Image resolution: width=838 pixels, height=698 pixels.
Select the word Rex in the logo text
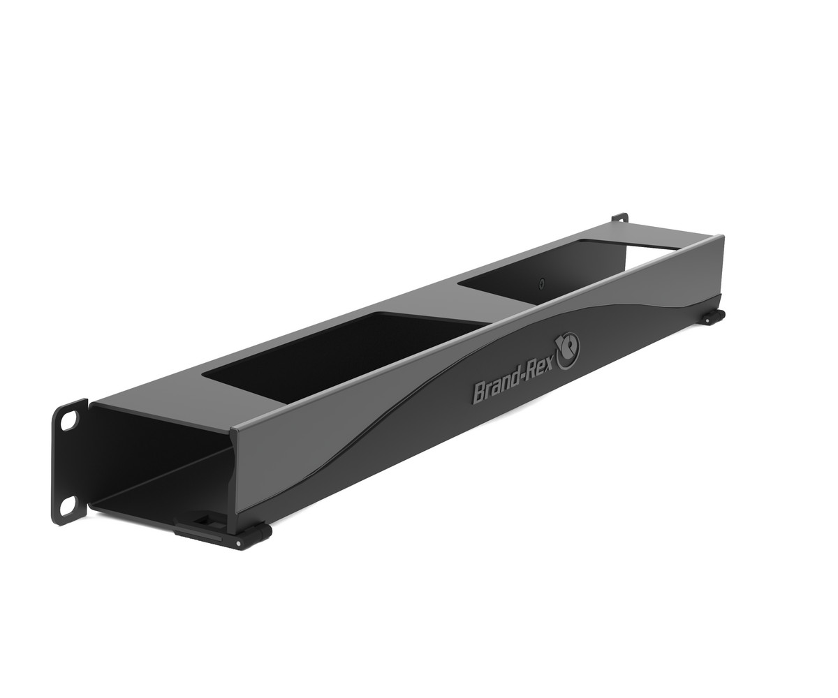(544, 366)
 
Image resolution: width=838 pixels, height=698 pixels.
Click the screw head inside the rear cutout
(542, 284)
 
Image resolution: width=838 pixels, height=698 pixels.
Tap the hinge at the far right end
(714, 318)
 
